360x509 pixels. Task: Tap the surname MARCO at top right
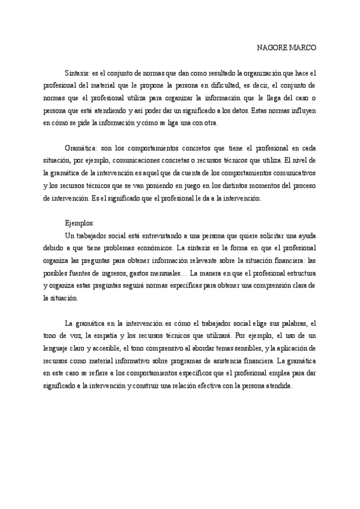pos(301,47)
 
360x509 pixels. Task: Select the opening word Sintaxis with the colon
pos(77,73)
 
